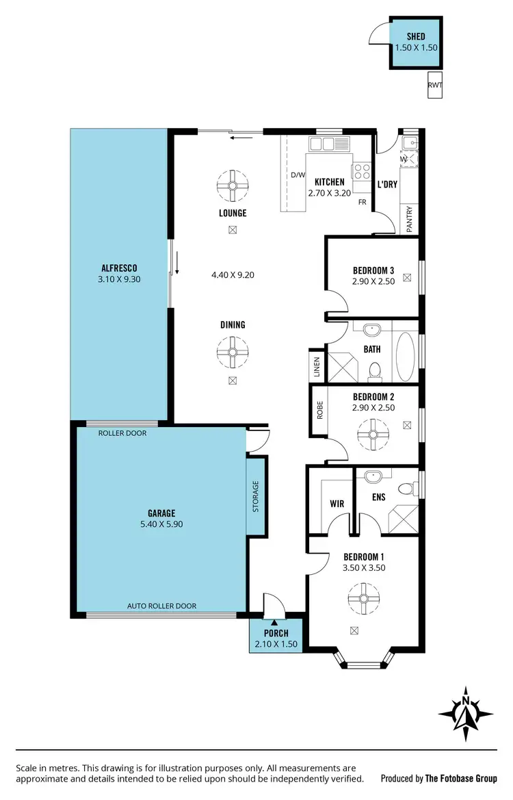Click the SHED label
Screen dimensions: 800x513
(416, 36)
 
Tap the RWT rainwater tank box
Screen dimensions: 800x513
(434, 85)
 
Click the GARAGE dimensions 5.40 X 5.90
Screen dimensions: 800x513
(161, 524)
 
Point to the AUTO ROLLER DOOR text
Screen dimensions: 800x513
(161, 606)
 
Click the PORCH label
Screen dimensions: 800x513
(276, 633)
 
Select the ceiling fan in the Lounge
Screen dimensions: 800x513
(233, 184)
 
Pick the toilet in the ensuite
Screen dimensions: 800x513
(406, 489)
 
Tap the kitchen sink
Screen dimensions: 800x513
(328, 144)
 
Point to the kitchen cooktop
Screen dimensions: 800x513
(361, 171)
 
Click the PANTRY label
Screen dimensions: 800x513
(409, 220)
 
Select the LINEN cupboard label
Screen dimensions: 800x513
(317, 367)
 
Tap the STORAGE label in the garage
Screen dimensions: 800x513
(256, 497)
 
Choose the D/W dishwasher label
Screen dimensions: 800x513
(298, 175)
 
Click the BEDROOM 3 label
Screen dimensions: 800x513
(373, 270)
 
